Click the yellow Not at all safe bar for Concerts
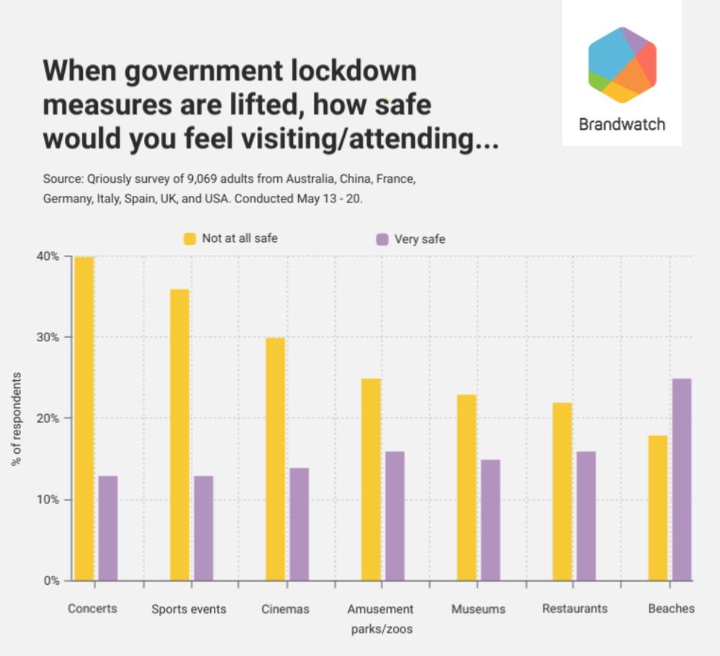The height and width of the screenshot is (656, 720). point(84,418)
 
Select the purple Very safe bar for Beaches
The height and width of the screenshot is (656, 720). point(682,480)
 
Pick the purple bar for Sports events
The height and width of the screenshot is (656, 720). point(203,528)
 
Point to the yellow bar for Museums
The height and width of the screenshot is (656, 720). point(467,487)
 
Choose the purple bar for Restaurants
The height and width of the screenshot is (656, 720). point(586,516)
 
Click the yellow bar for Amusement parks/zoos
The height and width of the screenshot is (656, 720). point(371,480)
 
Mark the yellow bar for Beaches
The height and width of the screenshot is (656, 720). point(658,508)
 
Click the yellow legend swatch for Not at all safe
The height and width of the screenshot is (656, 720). point(190,239)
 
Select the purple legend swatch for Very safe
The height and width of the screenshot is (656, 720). point(382,239)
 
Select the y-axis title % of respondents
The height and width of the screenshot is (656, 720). point(17,418)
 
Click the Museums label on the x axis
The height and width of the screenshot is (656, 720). point(478,609)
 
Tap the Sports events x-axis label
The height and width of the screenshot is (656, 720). point(189,609)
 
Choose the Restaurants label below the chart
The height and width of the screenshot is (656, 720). point(575,608)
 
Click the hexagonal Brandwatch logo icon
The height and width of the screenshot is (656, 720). point(622,65)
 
